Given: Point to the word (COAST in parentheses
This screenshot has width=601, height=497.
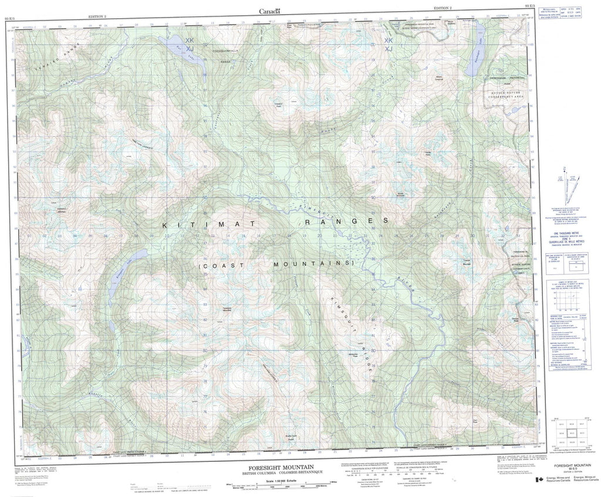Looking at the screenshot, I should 220,266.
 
